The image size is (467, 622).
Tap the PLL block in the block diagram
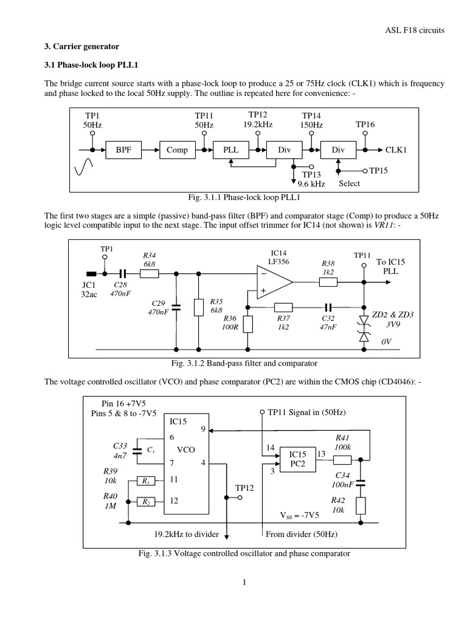click(230, 150)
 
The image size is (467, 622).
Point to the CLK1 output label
click(396, 149)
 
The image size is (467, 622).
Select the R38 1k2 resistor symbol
click(328, 282)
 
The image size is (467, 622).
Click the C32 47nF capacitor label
click(328, 321)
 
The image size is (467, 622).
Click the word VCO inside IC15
click(185, 451)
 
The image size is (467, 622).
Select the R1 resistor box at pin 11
click(145, 481)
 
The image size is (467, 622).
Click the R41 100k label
click(342, 441)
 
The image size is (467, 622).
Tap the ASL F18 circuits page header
click(420, 32)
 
